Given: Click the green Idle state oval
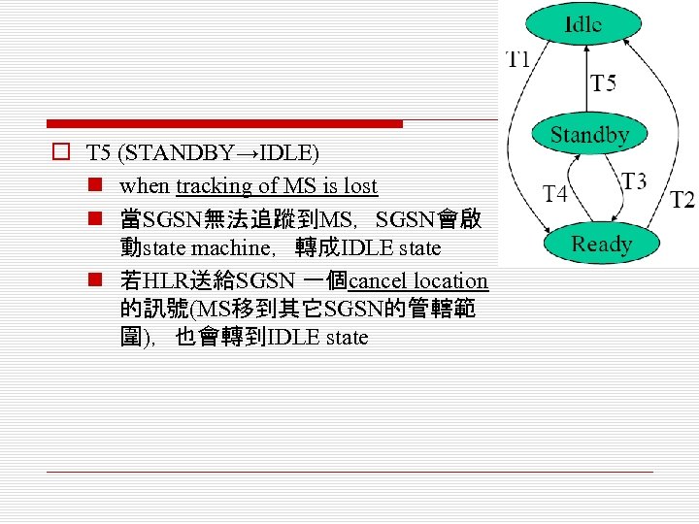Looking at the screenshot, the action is (582, 25).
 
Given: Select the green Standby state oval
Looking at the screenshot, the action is (589, 136).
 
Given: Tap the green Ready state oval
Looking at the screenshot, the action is (601, 244).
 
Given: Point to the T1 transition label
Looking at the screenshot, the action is (517, 59).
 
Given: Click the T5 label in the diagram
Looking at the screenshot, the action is (604, 83).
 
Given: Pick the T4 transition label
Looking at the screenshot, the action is (555, 194).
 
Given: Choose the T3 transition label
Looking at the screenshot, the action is (634, 181).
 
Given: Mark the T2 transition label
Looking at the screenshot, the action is (682, 200).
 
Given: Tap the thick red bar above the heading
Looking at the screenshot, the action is (224, 124).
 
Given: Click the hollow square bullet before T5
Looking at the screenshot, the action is (60, 152).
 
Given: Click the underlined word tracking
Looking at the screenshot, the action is (209, 185).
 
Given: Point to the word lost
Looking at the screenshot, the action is (357, 185).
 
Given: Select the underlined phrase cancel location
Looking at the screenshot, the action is (417, 281).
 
